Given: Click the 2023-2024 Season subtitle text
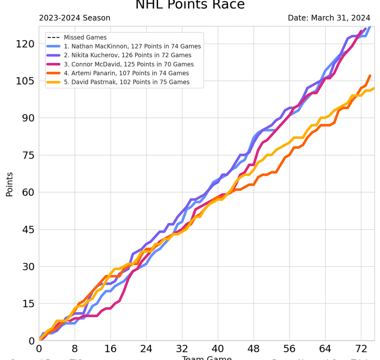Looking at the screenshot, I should [75, 18].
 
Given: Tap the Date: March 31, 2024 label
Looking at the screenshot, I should [329, 18].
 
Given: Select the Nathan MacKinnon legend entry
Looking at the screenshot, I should [132, 46].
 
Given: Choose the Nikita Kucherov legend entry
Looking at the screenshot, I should [127, 55].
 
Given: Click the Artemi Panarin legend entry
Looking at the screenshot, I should [126, 73].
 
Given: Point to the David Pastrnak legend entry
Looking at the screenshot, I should [127, 82].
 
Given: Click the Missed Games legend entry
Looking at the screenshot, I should [85, 37].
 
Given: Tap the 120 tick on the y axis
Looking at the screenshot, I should [25, 44].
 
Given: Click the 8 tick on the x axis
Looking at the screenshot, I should [75, 350].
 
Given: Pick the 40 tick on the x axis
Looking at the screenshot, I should [218, 350].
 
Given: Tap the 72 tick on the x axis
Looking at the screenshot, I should [361, 350].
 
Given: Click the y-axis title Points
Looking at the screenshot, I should [9, 184].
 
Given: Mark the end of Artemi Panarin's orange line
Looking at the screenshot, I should [370, 76].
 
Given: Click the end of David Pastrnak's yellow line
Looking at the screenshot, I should [374, 88].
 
